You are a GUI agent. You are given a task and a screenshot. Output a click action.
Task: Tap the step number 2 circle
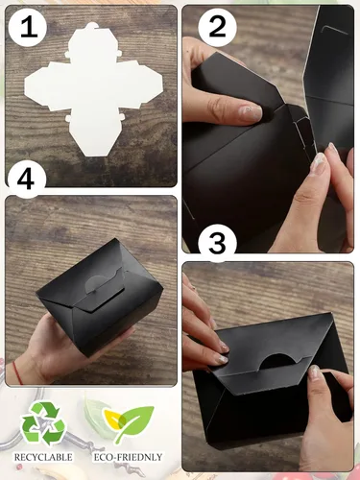click(x=217, y=26)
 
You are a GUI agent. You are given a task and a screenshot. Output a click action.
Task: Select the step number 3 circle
click(x=217, y=243)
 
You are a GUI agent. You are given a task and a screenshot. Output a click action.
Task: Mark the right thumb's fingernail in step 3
click(x=314, y=372)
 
